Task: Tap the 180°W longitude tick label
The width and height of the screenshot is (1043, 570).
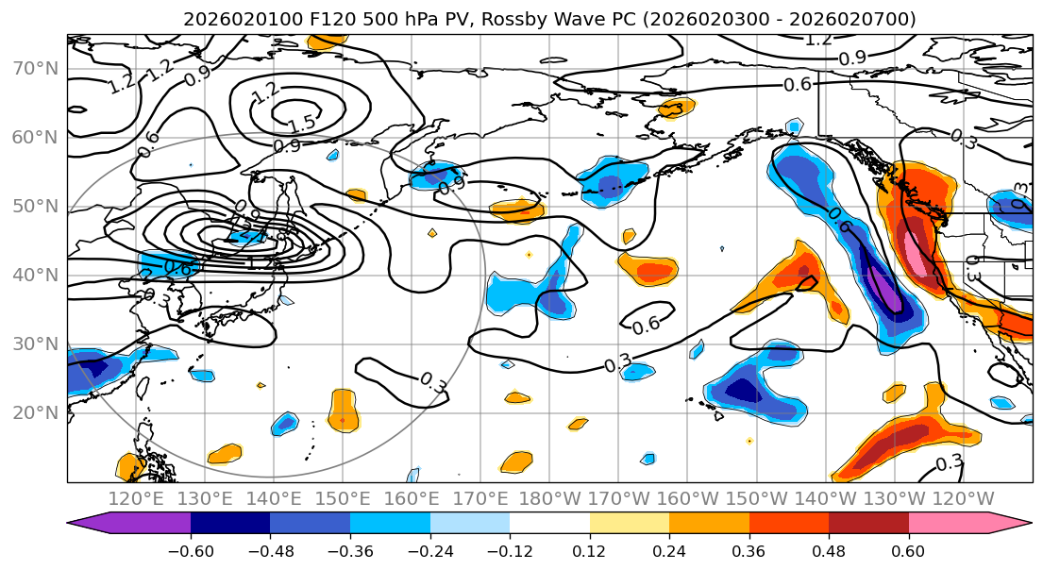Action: point(548,499)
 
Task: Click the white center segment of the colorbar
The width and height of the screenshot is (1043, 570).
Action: point(549,524)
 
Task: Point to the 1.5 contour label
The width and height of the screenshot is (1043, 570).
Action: point(301,123)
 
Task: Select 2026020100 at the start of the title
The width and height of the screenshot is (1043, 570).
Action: point(231,19)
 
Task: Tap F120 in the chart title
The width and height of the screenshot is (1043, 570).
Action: point(309,19)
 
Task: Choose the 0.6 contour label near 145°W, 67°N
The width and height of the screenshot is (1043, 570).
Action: point(798,84)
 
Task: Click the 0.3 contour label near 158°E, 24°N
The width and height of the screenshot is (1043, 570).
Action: point(433,382)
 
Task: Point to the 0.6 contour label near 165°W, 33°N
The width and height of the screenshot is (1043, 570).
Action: point(646,326)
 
